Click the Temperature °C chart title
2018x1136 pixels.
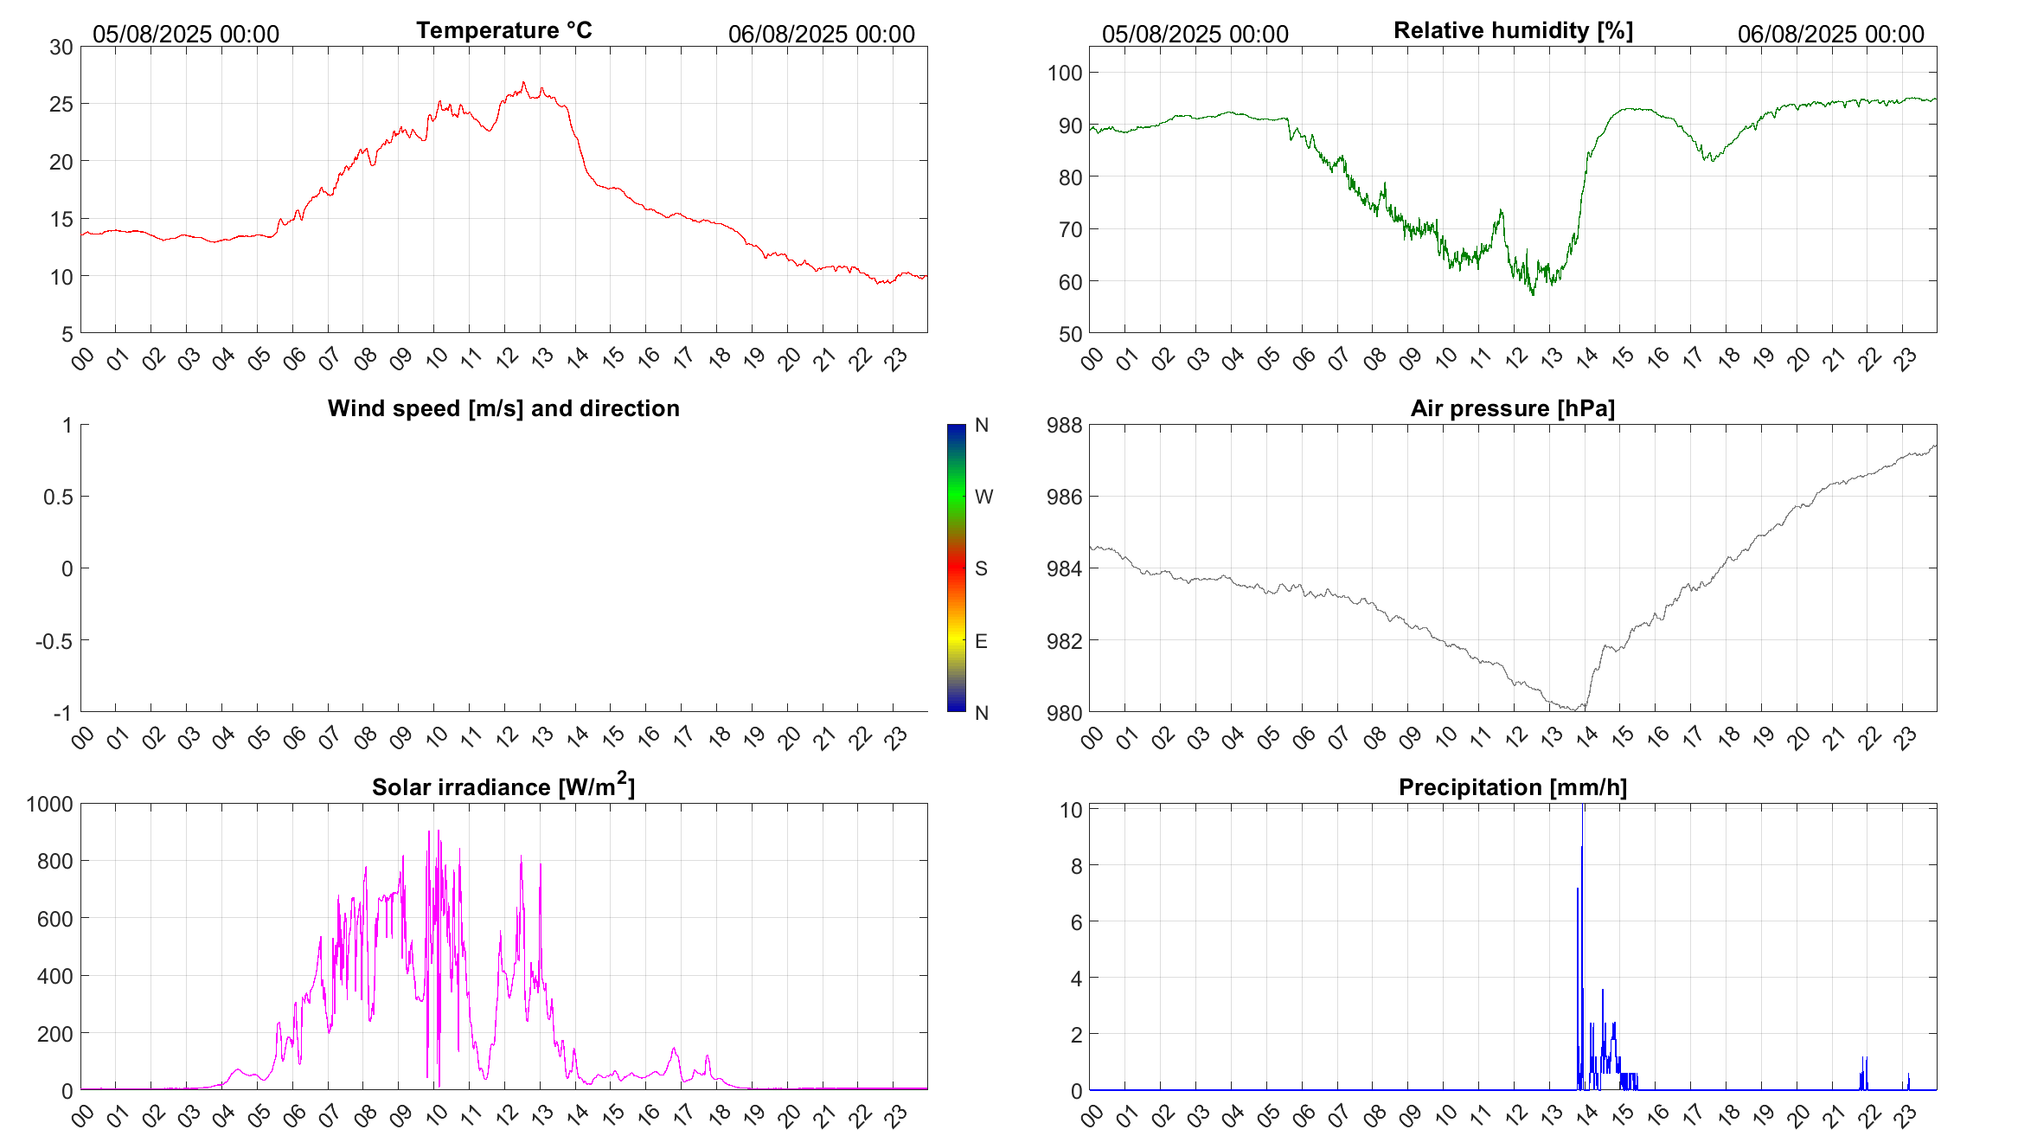503,30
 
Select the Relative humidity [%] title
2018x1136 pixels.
1513,30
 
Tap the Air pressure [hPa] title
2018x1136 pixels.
1513,408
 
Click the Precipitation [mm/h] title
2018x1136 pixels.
1513,787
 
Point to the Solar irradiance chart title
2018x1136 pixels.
503,786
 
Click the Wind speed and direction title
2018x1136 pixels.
503,408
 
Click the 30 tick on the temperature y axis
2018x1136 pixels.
61,47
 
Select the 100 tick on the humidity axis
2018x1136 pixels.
1065,73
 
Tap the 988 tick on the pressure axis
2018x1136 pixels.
1065,425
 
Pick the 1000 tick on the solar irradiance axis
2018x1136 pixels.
49,804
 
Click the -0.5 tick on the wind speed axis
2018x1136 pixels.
54,641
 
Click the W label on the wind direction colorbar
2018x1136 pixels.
983,497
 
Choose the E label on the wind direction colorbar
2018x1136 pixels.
981,641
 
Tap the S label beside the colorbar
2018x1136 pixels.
981,568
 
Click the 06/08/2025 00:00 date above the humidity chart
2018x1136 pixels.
1830,34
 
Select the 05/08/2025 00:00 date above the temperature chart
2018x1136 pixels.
186,34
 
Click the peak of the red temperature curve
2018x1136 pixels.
523,83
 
